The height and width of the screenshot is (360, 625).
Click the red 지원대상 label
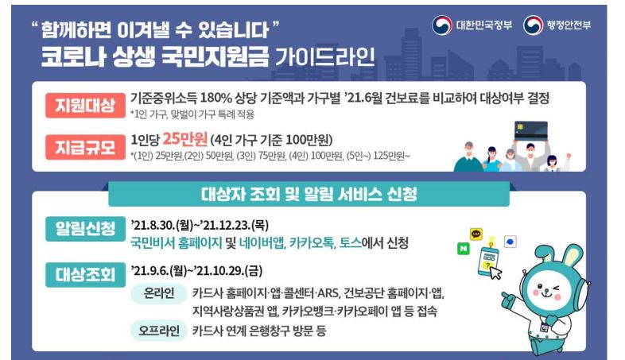[x=85, y=106]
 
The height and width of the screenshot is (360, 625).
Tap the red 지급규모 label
[x=85, y=147]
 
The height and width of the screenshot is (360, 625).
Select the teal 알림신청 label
[x=85, y=229]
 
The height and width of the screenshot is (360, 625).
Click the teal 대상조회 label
[x=85, y=275]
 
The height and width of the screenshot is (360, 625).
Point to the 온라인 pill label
[x=159, y=293]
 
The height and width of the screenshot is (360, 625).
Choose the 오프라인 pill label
[x=159, y=331]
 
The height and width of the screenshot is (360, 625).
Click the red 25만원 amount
[x=185, y=139]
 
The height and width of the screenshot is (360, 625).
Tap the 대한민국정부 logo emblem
[x=441, y=25]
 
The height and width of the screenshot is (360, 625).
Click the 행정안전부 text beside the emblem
[x=569, y=25]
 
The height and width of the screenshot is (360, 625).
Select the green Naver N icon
[x=463, y=249]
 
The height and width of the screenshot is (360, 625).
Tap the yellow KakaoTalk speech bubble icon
[x=476, y=234]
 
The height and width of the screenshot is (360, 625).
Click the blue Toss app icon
[x=510, y=242]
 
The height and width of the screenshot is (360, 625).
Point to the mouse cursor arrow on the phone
[x=495, y=273]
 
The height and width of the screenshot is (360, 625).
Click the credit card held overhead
[x=531, y=130]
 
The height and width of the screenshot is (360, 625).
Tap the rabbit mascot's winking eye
[x=555, y=288]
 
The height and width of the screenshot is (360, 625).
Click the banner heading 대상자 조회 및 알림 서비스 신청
[x=309, y=195]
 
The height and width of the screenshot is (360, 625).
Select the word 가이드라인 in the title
[x=325, y=56]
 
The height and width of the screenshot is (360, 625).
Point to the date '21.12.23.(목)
[x=235, y=226]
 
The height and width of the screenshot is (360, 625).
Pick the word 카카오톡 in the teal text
[x=312, y=242]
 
